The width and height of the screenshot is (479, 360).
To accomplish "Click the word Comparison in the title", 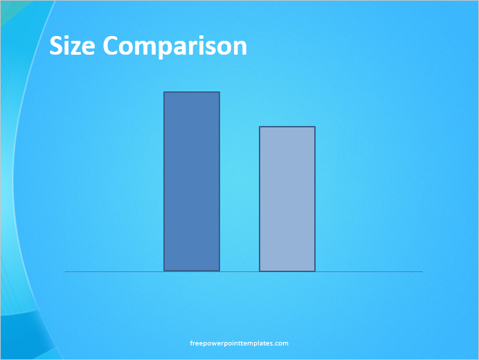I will [174, 47].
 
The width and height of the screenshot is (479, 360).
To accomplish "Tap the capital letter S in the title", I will [56, 46].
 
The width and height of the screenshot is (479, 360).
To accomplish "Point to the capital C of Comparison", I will [111, 46].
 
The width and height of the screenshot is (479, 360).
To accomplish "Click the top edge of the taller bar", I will [192, 92].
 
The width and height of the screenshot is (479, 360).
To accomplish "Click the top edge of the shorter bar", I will [287, 127].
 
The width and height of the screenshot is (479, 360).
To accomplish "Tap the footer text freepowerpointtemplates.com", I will [239, 343].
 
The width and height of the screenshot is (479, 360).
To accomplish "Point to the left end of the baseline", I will [66, 271].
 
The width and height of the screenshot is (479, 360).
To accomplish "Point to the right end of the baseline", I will [422, 271].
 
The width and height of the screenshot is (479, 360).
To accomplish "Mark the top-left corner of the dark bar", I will [164, 92].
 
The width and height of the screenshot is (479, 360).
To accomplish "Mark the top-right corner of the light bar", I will [315, 127].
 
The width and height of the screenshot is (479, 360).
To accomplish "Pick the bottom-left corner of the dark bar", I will [164, 270].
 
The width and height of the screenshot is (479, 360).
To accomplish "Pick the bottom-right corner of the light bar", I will [315, 270].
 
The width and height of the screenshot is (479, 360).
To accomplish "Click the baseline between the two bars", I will [239, 271].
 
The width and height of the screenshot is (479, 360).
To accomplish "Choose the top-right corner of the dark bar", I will [219, 92].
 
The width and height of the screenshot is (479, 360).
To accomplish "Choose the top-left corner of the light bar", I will [260, 127].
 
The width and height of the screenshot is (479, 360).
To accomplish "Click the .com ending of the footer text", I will [281, 343].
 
